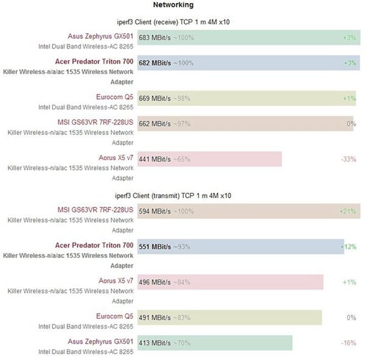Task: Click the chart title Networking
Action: pos(173,5)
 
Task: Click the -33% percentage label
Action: pos(348,159)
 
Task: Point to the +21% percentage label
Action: pos(347,212)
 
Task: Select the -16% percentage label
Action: pos(348,343)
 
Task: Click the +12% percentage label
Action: pos(347,246)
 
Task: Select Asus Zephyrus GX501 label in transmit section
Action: pos(100,341)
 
